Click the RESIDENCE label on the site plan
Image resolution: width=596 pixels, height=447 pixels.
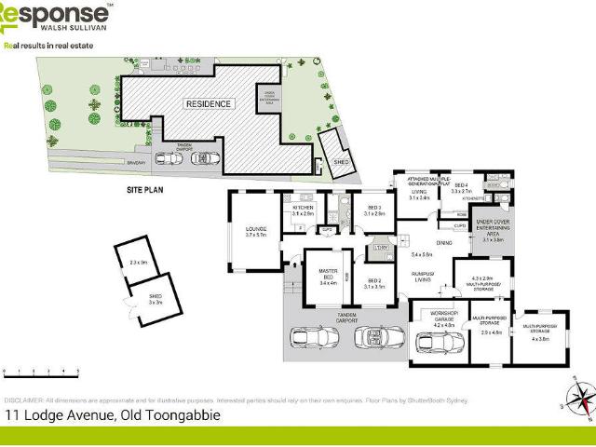(208, 104)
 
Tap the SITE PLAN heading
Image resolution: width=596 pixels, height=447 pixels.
(146, 189)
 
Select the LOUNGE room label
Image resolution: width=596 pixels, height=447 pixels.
(256, 231)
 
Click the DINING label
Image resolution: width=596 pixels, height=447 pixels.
(443, 243)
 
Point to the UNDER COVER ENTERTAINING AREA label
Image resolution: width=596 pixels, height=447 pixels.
(493, 229)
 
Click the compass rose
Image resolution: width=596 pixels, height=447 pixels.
(580, 400)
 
